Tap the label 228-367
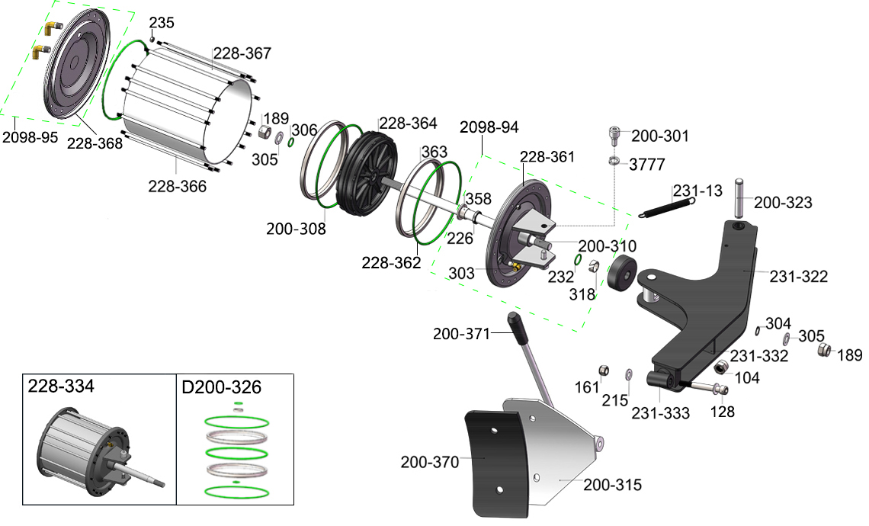tap(242, 53)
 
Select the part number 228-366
tap(177, 185)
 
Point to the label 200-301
tap(660, 136)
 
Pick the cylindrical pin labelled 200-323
tap(739, 197)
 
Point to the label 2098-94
tap(489, 127)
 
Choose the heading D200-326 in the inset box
tap(221, 387)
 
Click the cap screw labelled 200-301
tap(614, 135)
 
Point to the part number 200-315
tap(613, 485)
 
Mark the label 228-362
tap(391, 263)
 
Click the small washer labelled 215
tap(628, 374)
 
